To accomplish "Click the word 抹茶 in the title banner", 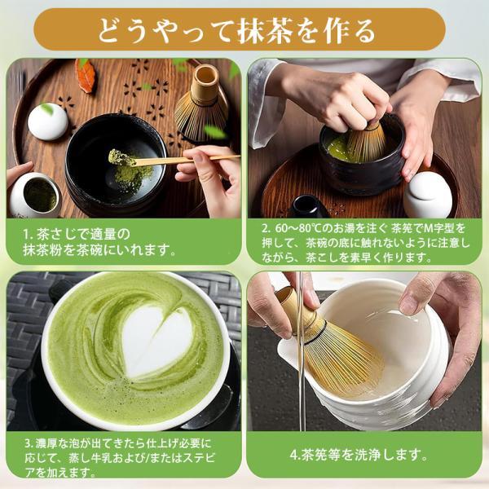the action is pos(265,31).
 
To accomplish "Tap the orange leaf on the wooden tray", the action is pos(85,76).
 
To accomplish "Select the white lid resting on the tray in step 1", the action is pos(48,121).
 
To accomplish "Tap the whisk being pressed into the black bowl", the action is pos(365,142).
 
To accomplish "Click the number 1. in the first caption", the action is pos(29,235).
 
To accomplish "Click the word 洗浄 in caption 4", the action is pos(368,455).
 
